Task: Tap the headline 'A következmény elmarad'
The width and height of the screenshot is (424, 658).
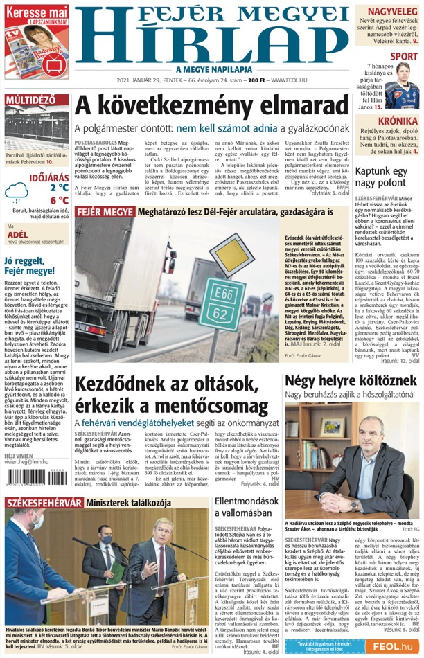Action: point(210,106)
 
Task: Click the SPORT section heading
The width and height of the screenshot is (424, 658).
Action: point(404,57)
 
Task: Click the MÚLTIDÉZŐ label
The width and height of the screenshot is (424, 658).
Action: point(30,100)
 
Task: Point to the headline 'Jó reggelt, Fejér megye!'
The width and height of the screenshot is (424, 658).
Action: point(35,266)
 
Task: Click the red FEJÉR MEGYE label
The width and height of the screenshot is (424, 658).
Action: point(100,211)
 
